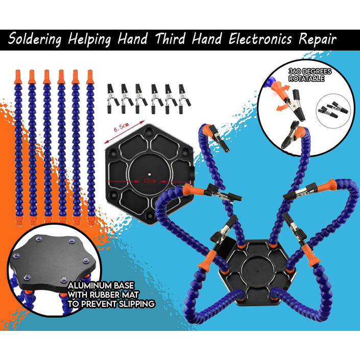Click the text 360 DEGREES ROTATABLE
(309, 75)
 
